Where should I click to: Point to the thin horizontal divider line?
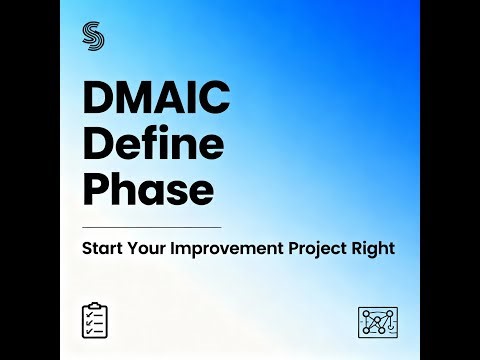click(x=152, y=227)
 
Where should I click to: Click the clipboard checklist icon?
click(x=96, y=319)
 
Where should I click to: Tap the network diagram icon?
click(x=377, y=321)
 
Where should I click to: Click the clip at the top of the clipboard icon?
click(x=96, y=304)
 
